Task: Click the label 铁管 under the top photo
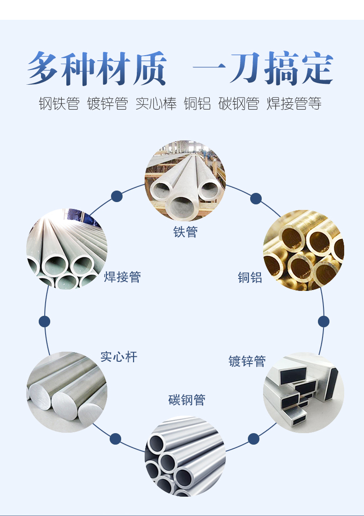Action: [185, 232]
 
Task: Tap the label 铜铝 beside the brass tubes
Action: [250, 277]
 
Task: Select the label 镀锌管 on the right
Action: [247, 361]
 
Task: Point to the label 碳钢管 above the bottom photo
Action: [187, 400]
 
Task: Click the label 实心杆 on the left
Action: [119, 357]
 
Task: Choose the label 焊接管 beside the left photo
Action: [122, 277]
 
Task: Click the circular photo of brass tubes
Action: [304, 250]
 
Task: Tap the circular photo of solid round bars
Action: [67, 392]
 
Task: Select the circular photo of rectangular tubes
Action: [304, 392]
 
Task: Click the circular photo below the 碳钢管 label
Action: [185, 456]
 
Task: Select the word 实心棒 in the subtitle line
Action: [156, 104]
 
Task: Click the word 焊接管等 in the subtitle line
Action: [294, 104]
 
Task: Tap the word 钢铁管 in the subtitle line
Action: [59, 104]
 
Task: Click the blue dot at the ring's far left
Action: [45, 321]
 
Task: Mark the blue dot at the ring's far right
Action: [323, 321]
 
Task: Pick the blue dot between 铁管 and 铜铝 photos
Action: [256, 199]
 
